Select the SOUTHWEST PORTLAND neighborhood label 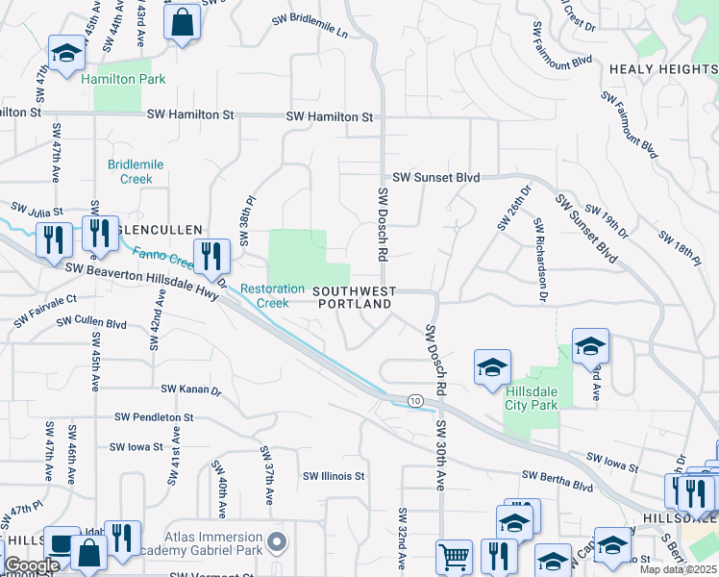(x=354, y=297)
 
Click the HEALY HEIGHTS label (x=662, y=69)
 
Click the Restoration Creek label (x=264, y=296)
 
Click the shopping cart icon (x=454, y=557)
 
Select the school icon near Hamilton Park (x=66, y=54)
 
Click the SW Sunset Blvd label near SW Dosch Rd (x=435, y=178)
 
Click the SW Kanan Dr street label (x=191, y=390)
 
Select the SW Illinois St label (x=335, y=476)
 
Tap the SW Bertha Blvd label (x=558, y=476)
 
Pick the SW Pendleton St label (x=154, y=418)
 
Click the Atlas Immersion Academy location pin (x=277, y=543)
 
